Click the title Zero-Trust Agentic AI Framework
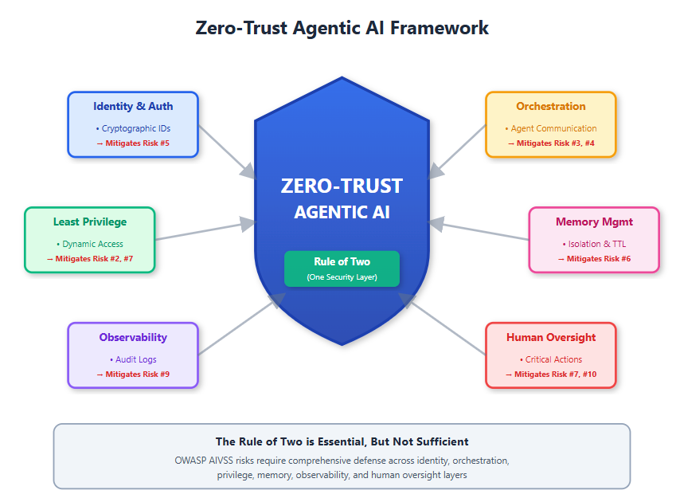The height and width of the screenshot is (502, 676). pyautogui.click(x=342, y=28)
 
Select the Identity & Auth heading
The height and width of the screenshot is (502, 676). pyautogui.click(x=133, y=106)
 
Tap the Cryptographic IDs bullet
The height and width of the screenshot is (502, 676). pyautogui.click(x=133, y=128)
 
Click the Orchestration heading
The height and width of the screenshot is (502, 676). pyautogui.click(x=550, y=106)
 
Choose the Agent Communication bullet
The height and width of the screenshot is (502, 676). pyautogui.click(x=550, y=128)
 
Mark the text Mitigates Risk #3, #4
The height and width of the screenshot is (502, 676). pyautogui.click(x=550, y=143)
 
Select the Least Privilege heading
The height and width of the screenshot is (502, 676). pyautogui.click(x=90, y=222)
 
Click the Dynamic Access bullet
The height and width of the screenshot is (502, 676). pyautogui.click(x=90, y=244)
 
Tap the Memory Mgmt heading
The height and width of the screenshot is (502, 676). pyautogui.click(x=594, y=222)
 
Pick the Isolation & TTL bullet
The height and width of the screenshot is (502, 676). pyautogui.click(x=594, y=244)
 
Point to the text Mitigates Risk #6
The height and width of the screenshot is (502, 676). pyautogui.click(x=594, y=259)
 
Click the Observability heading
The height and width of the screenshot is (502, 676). pyautogui.click(x=133, y=337)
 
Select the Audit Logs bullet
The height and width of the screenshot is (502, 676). pyautogui.click(x=133, y=359)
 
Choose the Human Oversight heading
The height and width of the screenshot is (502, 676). pyautogui.click(x=550, y=337)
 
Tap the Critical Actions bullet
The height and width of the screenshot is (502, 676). pyautogui.click(x=550, y=359)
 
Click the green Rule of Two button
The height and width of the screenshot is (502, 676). pyautogui.click(x=342, y=268)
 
